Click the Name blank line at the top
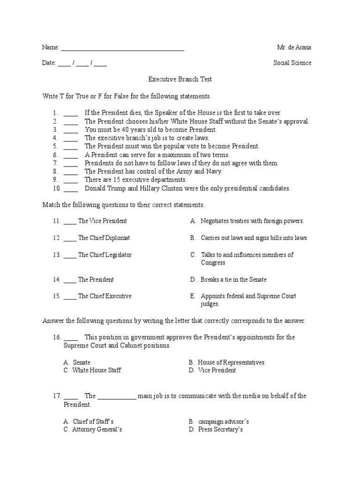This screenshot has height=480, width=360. (x=122, y=48)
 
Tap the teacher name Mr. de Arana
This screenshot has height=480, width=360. (x=294, y=47)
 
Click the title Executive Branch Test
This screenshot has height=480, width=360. (x=177, y=80)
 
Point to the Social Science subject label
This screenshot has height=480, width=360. (x=292, y=63)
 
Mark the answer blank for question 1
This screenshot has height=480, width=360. (x=70, y=113)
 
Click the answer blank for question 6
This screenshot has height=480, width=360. (x=70, y=155)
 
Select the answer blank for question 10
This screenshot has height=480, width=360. (x=70, y=189)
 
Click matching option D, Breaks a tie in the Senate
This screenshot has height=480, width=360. (x=233, y=279)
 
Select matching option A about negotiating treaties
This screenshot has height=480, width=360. (x=252, y=221)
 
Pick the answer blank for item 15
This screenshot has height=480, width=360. (x=69, y=296)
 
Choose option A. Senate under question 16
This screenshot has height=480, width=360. (x=77, y=362)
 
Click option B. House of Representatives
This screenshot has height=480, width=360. (x=227, y=362)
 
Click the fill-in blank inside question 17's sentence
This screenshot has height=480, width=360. (x=117, y=396)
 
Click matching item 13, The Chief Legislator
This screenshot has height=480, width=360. (x=105, y=255)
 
